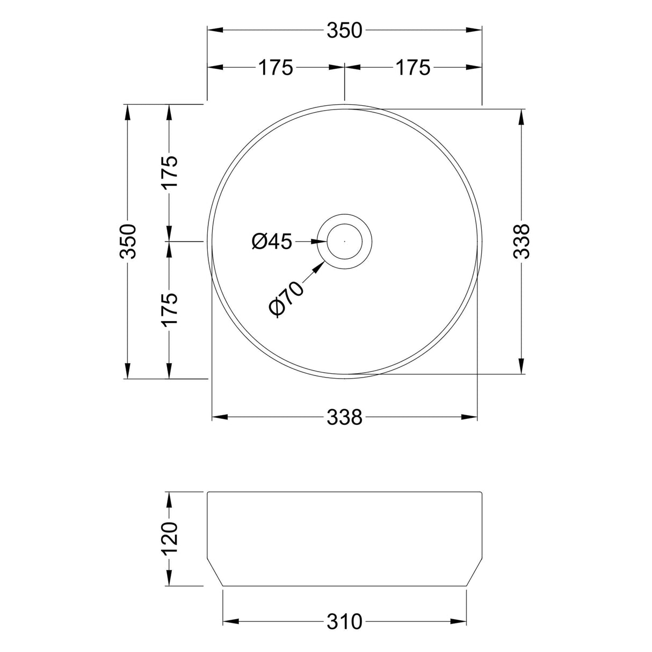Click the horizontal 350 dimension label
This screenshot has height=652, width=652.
(345, 31)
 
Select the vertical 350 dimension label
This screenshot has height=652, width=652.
(129, 241)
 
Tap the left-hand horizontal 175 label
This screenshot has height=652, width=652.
(276, 68)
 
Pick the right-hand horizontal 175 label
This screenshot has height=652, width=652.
(413, 68)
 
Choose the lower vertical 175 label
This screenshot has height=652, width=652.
(170, 309)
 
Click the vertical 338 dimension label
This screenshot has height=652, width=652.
(521, 241)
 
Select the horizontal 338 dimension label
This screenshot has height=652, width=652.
(345, 417)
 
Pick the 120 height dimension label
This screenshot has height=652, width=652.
(170, 539)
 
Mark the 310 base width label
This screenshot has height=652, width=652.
(345, 622)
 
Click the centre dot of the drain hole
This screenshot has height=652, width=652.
(344, 242)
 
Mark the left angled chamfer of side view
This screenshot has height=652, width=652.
(215, 573)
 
